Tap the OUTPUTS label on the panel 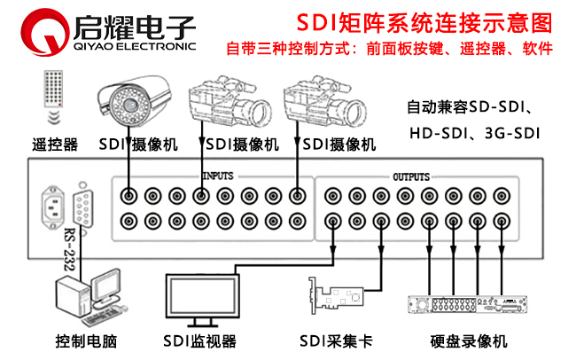(x=411, y=176)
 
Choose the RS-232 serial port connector (x=83, y=209)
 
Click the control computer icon (x=86, y=301)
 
